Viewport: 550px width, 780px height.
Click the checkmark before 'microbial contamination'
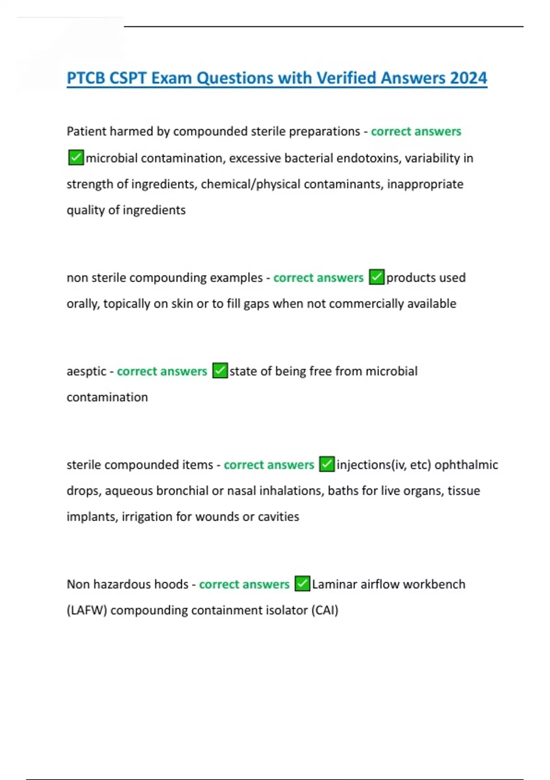click(x=76, y=157)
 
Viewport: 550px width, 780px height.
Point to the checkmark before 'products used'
click(x=377, y=277)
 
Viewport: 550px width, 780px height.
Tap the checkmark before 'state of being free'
click(x=220, y=371)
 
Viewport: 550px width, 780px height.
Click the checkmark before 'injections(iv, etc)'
click(x=327, y=464)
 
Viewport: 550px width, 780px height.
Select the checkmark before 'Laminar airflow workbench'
click(x=302, y=584)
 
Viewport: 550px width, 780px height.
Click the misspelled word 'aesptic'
click(x=86, y=371)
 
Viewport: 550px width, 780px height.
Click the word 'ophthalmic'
click(x=466, y=465)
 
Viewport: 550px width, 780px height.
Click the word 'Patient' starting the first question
click(x=87, y=132)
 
